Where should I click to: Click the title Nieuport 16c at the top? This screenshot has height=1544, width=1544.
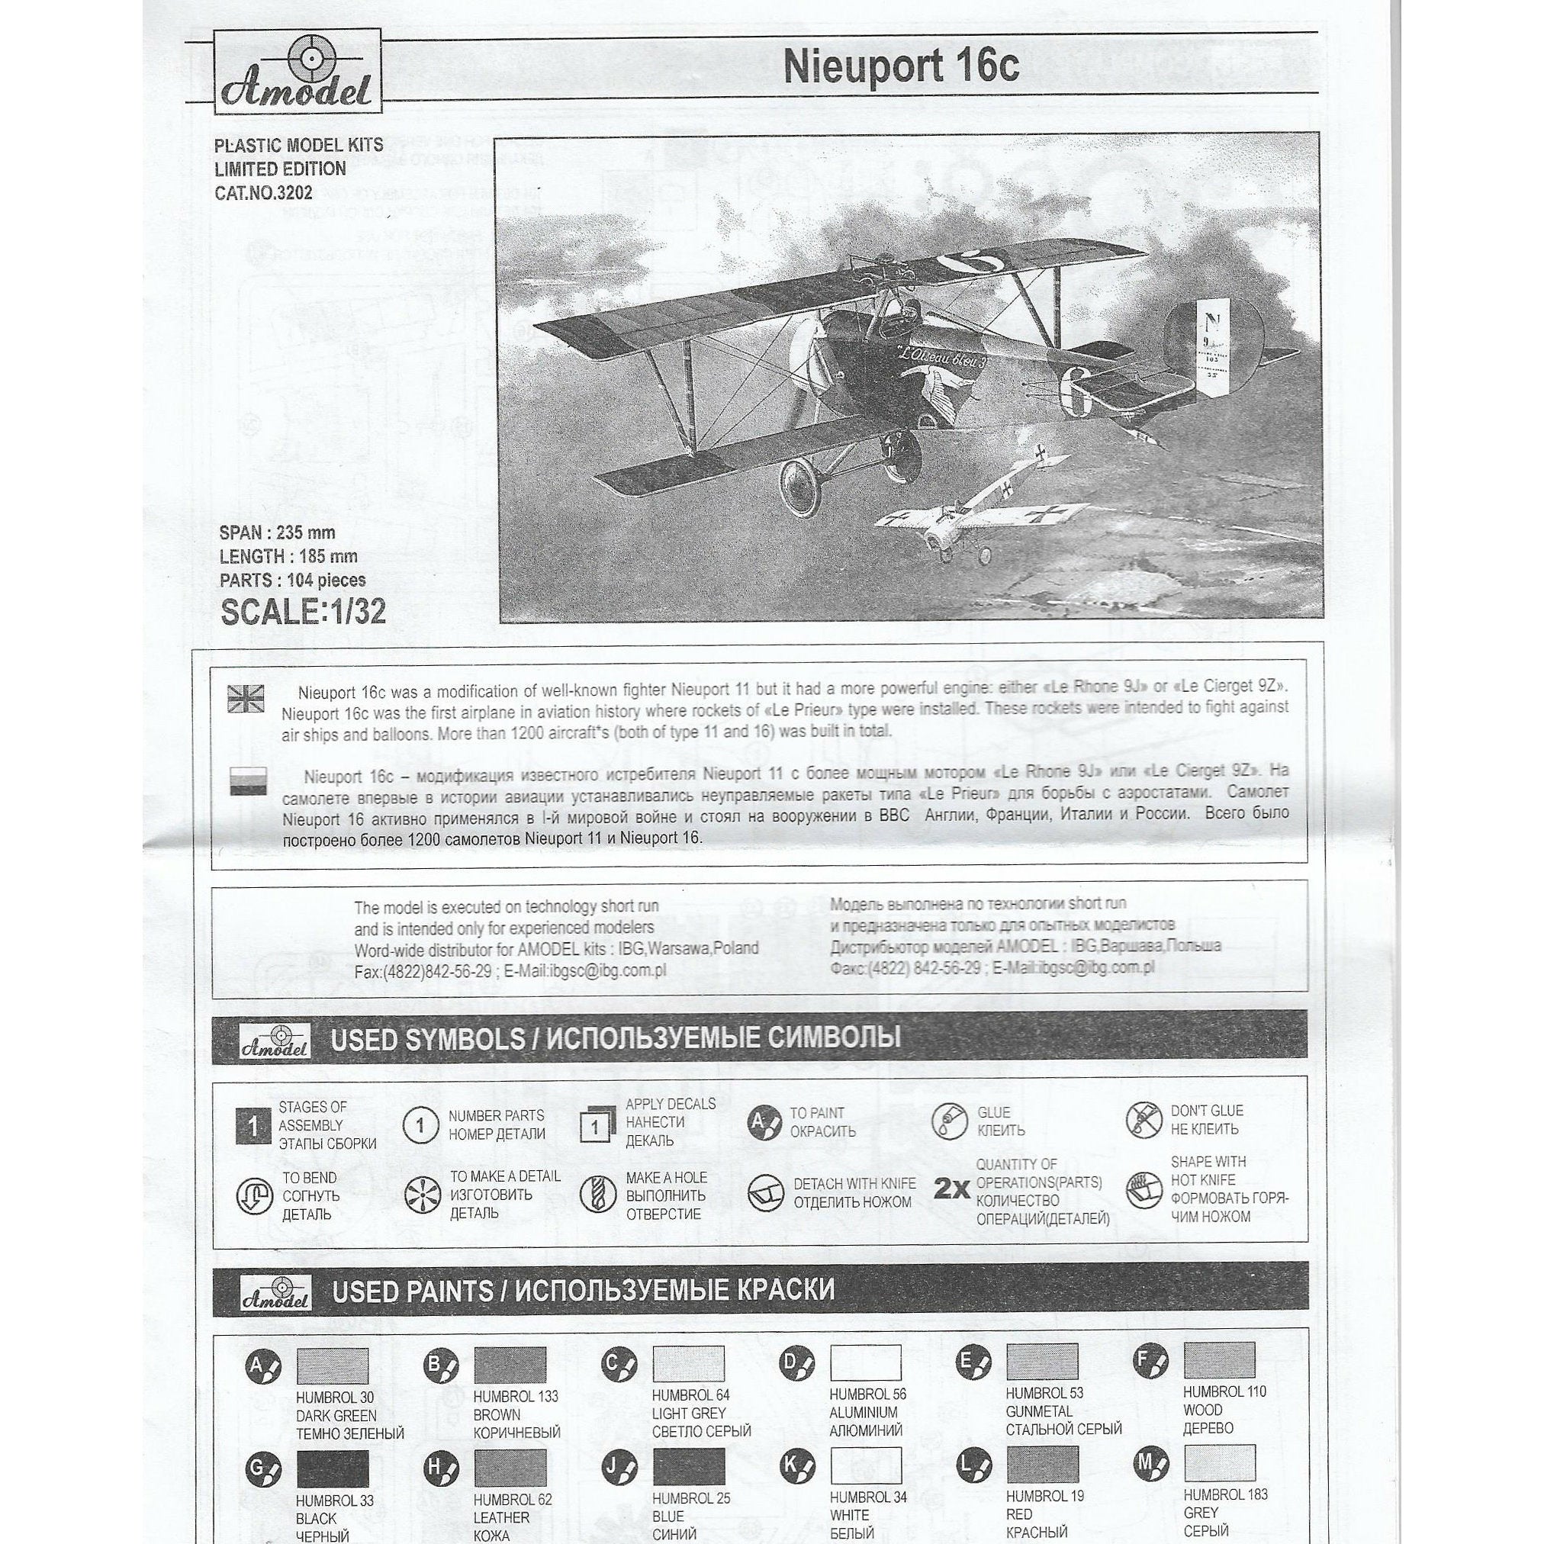click(x=901, y=67)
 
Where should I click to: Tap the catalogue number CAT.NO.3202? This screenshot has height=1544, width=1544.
click(x=263, y=192)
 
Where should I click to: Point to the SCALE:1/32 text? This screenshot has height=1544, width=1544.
click(x=303, y=611)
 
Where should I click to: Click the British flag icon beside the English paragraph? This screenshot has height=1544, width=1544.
click(x=246, y=698)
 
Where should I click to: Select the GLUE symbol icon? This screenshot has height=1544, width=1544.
click(x=950, y=1122)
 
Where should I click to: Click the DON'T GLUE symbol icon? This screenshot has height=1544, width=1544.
click(x=1144, y=1121)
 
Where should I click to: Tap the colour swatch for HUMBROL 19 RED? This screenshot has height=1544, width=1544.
click(x=1042, y=1463)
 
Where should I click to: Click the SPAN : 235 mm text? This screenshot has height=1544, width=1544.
click(x=278, y=533)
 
